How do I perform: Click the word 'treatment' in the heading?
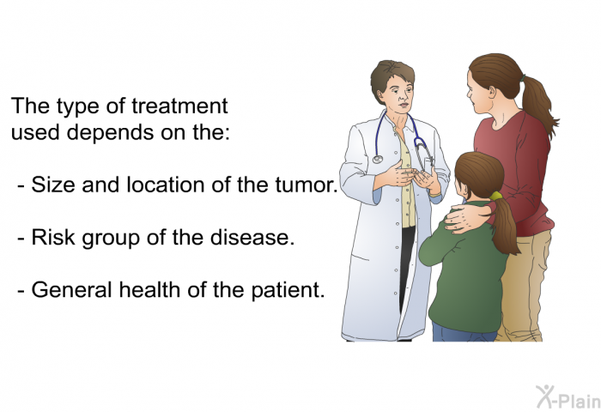point(179,106)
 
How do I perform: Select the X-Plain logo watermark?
point(568,397)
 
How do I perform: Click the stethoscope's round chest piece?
point(378,159)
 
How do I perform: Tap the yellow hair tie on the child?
point(496,197)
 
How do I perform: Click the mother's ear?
point(493,90)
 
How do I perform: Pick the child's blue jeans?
point(463,333)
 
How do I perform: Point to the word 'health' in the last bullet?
point(150,289)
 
